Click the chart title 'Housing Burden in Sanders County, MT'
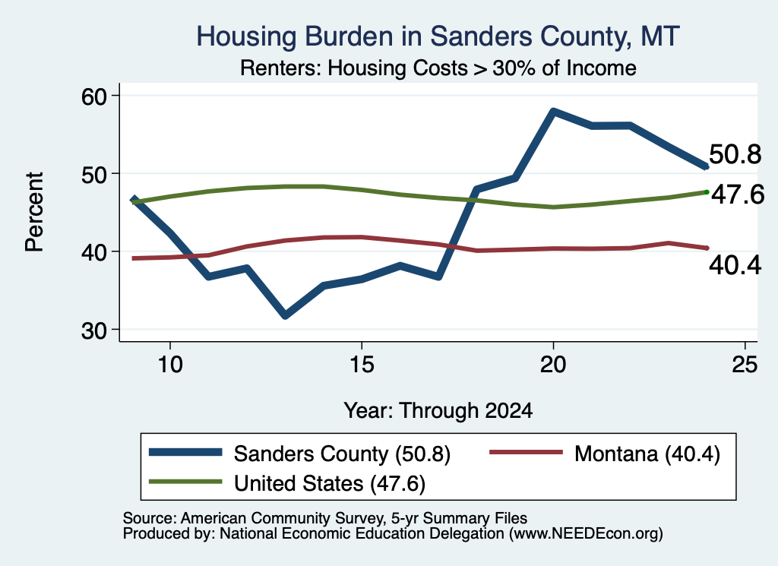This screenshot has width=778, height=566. click(x=438, y=36)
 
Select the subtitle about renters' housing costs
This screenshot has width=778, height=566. click(x=438, y=68)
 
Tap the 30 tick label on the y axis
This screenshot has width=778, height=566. click(x=94, y=330)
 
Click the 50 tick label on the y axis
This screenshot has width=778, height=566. click(x=94, y=174)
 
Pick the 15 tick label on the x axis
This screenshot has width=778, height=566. click(x=362, y=365)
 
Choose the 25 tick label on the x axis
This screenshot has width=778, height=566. click(x=745, y=365)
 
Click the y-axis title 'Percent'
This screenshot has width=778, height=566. click(x=34, y=212)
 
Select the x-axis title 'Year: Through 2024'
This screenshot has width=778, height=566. click(x=438, y=411)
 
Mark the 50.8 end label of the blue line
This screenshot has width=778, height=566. click(x=735, y=154)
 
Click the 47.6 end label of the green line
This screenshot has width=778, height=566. click(x=738, y=194)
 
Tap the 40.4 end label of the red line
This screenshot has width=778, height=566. click(x=735, y=266)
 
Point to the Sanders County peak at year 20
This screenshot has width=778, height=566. click(x=554, y=112)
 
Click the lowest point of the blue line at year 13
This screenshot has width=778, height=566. click(x=285, y=315)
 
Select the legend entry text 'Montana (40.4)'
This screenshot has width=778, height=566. click(x=647, y=454)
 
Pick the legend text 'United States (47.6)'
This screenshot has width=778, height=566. click(x=330, y=484)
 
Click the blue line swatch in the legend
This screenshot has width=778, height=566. click(x=185, y=452)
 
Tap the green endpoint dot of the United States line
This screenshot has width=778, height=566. click(x=707, y=192)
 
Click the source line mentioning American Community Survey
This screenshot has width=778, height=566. click(x=325, y=518)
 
